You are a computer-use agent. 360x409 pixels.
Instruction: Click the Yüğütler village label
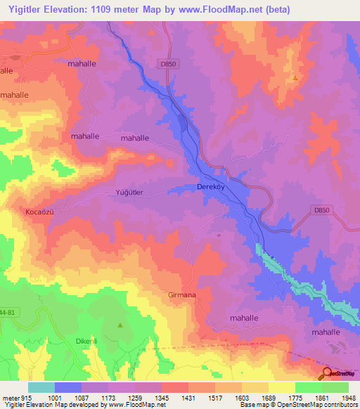(129, 192)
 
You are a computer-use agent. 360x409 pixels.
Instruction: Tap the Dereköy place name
(210, 188)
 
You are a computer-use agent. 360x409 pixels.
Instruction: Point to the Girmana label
(181, 296)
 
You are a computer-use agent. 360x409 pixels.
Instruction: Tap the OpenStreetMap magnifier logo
(327, 372)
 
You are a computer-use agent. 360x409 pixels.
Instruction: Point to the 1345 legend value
(162, 397)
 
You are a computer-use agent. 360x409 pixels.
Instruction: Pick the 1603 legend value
(243, 397)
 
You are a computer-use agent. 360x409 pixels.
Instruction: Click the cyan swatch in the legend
(41, 387)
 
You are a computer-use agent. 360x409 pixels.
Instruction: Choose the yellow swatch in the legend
(282, 387)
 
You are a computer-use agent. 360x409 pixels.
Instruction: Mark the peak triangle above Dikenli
(120, 325)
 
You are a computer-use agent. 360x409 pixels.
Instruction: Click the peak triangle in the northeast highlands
(295, 78)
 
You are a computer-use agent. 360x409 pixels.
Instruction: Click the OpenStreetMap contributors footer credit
(313, 405)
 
